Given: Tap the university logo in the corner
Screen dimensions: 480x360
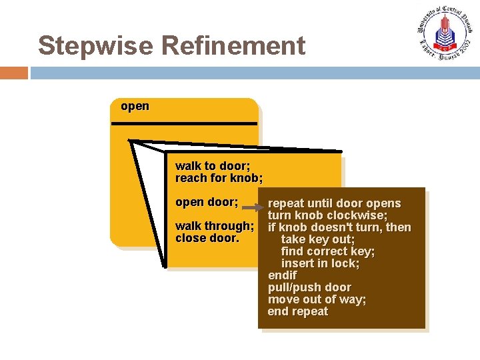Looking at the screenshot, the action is pyautogui.click(x=444, y=33).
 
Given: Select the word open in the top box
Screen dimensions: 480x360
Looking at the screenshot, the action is pyautogui.click(x=135, y=106).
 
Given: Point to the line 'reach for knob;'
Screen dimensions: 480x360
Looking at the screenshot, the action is pyautogui.click(x=219, y=178).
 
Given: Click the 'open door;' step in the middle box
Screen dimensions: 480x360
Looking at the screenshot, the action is pyautogui.click(x=206, y=202).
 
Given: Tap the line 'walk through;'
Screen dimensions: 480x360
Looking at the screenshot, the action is pyautogui.click(x=214, y=226).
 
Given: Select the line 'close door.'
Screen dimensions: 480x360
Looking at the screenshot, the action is pyautogui.click(x=207, y=238).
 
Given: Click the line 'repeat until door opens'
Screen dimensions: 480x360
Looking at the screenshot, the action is pyautogui.click(x=334, y=203).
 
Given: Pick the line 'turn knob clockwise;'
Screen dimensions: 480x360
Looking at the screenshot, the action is pyautogui.click(x=327, y=215).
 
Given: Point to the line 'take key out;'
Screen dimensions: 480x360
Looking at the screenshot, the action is pyautogui.click(x=317, y=239).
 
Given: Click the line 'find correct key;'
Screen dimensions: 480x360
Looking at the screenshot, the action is pyautogui.click(x=327, y=251).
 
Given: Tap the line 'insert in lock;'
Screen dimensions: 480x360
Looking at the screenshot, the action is pyautogui.click(x=320, y=263).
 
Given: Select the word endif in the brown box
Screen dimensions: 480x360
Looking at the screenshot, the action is pyautogui.click(x=282, y=275).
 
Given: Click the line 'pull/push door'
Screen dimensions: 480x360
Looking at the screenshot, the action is pyautogui.click(x=309, y=287).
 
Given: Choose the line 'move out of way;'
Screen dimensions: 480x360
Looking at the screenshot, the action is pyautogui.click(x=317, y=299).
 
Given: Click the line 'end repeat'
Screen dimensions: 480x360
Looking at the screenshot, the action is pyautogui.click(x=297, y=311).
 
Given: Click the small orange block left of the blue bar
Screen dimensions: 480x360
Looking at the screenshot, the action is pyautogui.click(x=14, y=73).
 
